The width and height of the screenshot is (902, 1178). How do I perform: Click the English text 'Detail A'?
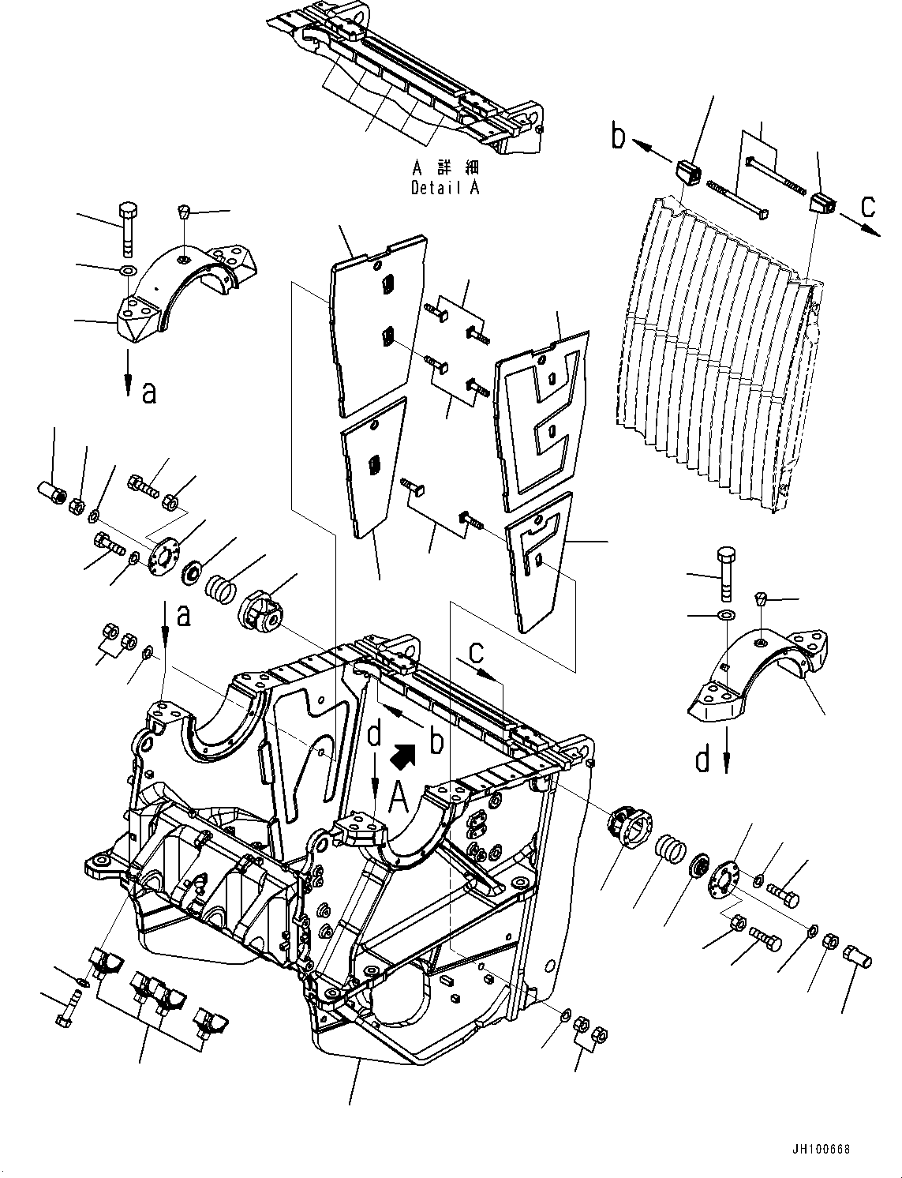pyautogui.click(x=444, y=188)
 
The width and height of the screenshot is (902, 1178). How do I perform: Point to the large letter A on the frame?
pyautogui.click(x=399, y=801)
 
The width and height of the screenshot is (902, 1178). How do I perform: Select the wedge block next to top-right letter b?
pyautogui.click(x=689, y=172)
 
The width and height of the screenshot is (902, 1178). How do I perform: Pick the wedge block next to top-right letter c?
pyautogui.click(x=823, y=201)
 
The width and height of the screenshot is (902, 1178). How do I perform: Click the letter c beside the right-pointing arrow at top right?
pyautogui.click(x=867, y=207)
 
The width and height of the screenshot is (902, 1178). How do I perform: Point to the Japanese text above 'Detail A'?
pyautogui.click(x=445, y=168)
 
